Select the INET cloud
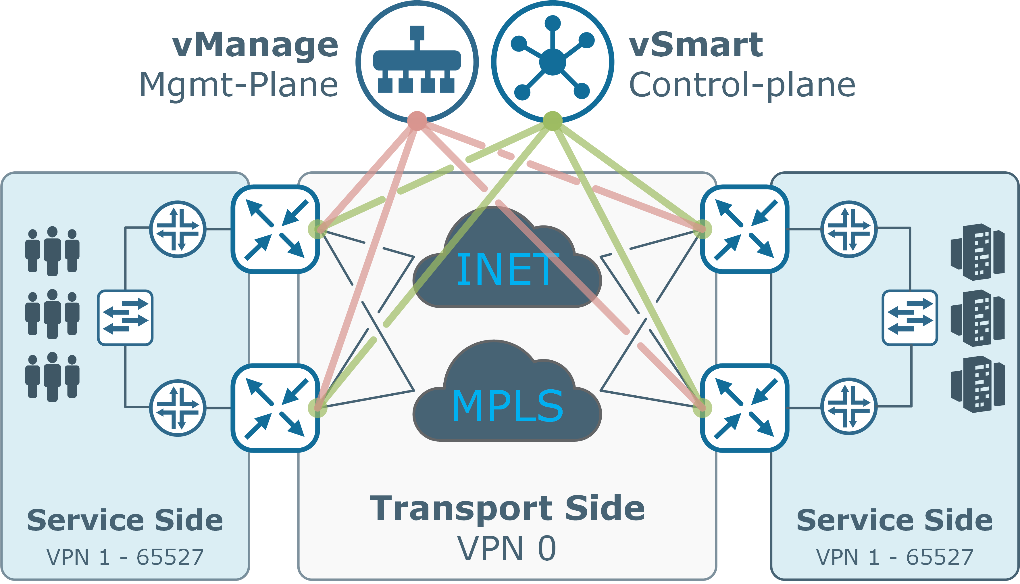(x=507, y=265)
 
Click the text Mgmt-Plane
(x=239, y=85)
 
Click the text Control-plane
(x=742, y=85)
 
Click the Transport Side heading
(x=507, y=509)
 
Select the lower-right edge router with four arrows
(x=744, y=408)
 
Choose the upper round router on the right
(x=849, y=229)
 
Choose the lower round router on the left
(x=178, y=408)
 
